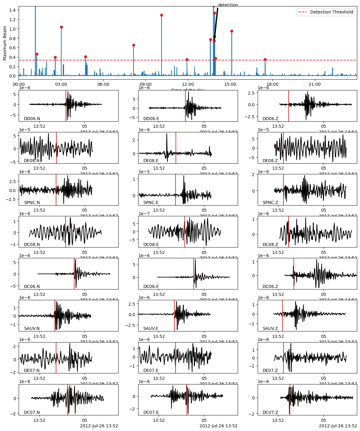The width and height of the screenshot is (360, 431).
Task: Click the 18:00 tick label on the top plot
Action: point(272,84)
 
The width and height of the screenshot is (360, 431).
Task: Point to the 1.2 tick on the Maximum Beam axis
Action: point(13,20)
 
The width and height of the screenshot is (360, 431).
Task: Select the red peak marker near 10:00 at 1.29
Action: point(161,15)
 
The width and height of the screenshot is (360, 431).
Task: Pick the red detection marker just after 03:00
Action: point(61,27)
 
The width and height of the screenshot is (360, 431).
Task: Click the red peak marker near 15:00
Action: point(232,31)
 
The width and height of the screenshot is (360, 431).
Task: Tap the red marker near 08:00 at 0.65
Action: point(134,45)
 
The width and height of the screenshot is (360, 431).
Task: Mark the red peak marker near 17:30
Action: point(265,59)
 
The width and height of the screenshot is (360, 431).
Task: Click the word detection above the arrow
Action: point(228,5)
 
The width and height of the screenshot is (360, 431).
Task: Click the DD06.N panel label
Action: point(32,119)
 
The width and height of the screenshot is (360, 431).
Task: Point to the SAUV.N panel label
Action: point(32,328)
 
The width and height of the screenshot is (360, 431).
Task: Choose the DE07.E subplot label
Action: point(151,370)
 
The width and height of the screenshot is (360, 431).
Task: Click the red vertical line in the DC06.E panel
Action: point(194,274)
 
